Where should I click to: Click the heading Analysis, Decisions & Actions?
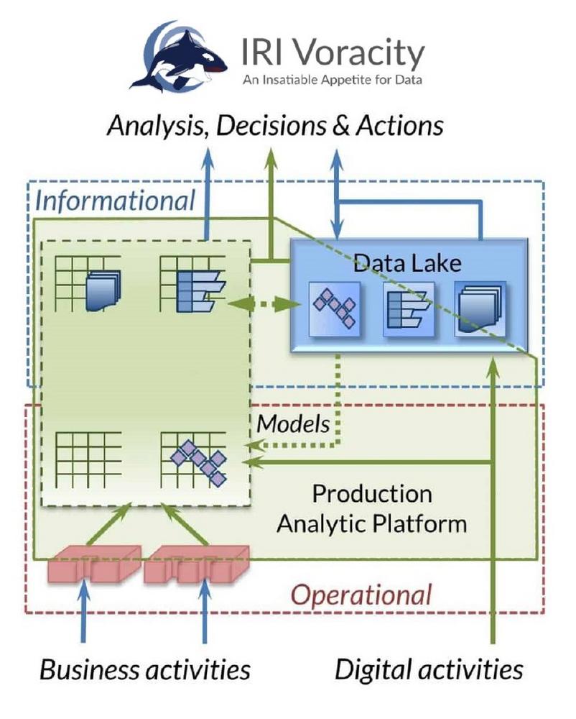(x=275, y=126)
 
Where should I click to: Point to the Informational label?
(x=116, y=200)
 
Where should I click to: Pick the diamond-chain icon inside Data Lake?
(x=333, y=308)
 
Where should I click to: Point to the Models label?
(x=293, y=423)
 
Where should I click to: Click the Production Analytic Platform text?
(x=372, y=508)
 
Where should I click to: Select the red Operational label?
(x=361, y=595)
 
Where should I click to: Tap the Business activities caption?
(x=145, y=670)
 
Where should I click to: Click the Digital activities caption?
(x=429, y=670)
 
